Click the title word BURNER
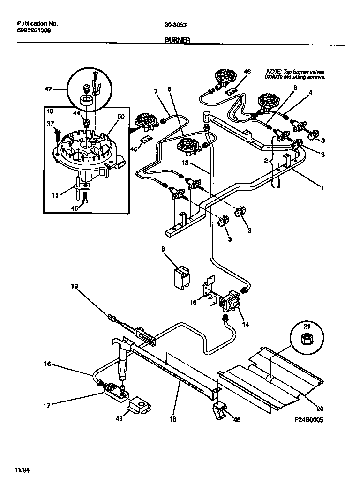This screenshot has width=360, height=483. point(177,40)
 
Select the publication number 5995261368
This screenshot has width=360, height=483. point(34,30)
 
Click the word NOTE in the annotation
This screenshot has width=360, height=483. point(274,71)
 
